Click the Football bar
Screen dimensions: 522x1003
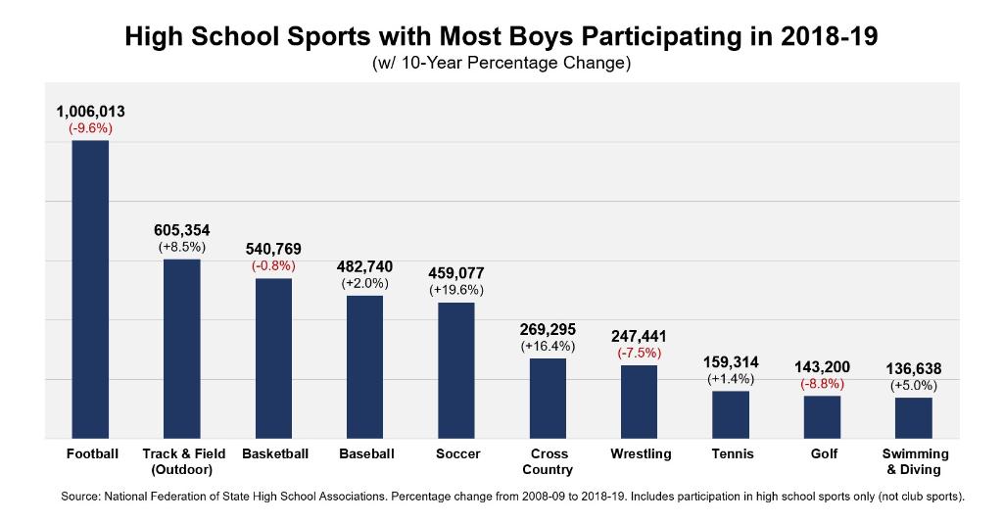click(91, 289)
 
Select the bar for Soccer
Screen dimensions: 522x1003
click(456, 370)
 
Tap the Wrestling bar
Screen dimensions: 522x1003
click(640, 402)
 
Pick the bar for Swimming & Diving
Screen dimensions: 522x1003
click(914, 417)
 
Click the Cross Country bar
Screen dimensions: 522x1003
click(548, 398)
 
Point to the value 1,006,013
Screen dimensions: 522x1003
click(91, 112)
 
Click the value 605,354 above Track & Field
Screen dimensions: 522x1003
click(182, 230)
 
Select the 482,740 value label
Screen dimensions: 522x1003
click(365, 266)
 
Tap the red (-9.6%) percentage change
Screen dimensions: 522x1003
click(91, 128)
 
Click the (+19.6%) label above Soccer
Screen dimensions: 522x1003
click(456, 290)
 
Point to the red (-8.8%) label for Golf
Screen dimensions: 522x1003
click(823, 384)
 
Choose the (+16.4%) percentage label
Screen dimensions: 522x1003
click(548, 346)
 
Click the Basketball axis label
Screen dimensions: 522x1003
click(275, 454)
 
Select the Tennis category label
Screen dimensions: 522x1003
click(731, 454)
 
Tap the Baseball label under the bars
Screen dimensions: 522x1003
click(366, 454)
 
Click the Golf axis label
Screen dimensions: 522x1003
click(824, 454)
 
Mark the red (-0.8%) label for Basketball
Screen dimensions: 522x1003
click(273, 265)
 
